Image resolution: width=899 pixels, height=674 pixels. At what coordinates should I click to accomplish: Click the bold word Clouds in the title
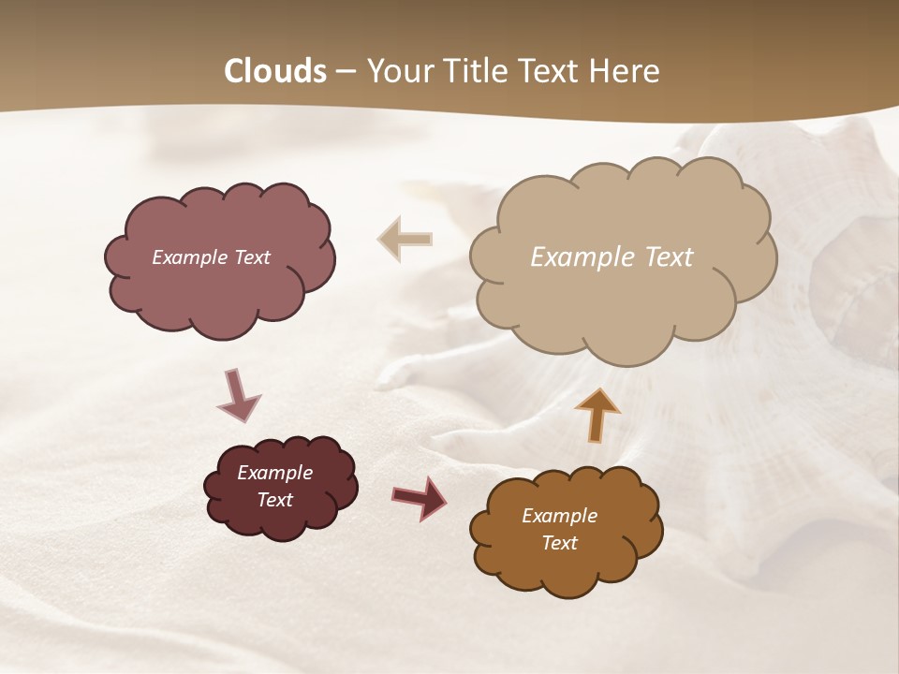(275, 71)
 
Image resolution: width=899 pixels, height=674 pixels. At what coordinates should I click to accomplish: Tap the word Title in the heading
(474, 71)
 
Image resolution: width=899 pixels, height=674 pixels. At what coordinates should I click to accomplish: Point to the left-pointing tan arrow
(405, 239)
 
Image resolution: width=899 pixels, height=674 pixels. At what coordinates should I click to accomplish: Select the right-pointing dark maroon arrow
(419, 496)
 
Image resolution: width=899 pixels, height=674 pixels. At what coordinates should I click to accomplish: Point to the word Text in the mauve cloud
(252, 257)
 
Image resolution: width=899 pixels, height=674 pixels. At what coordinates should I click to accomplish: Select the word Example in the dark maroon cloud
(274, 473)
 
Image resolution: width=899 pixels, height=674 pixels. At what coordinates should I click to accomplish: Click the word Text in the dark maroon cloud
(274, 500)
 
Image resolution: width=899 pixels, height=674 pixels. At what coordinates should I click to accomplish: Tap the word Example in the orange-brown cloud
(559, 516)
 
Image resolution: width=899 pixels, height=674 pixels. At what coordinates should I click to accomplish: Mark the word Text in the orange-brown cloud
(559, 543)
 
